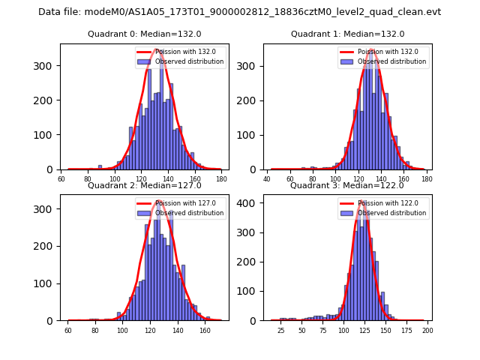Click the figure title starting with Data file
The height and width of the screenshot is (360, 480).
tap(240, 12)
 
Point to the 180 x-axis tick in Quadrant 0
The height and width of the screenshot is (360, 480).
tap(221, 179)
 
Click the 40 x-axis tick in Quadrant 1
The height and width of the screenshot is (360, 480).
tap(268, 179)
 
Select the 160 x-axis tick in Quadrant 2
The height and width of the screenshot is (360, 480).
tap(205, 330)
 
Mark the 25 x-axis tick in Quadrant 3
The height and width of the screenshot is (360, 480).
tap(281, 330)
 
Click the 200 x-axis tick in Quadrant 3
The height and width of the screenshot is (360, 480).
tap(427, 330)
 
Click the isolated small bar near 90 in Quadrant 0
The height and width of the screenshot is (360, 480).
tap(100, 167)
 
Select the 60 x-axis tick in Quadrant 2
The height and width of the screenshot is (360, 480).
tap(68, 330)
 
